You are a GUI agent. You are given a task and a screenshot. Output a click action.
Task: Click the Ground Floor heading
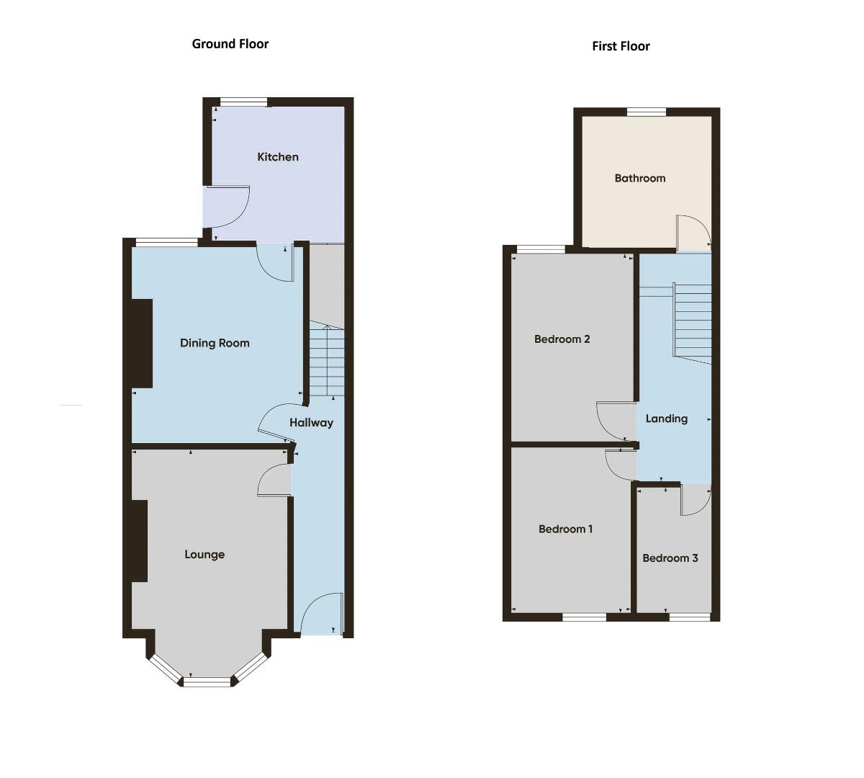pyautogui.click(x=230, y=44)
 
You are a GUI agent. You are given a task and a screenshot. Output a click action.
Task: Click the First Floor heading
pyautogui.click(x=621, y=46)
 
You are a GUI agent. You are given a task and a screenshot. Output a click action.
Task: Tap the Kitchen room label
pyautogui.click(x=278, y=157)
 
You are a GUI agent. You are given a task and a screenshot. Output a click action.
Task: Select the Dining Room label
pyautogui.click(x=215, y=343)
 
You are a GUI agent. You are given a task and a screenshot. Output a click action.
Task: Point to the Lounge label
pyautogui.click(x=204, y=555)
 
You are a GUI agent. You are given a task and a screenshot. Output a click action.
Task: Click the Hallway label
pyautogui.click(x=311, y=423)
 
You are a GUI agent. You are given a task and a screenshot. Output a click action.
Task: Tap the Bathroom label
pyautogui.click(x=639, y=178)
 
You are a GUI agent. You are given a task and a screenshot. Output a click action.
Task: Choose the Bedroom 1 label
pyautogui.click(x=565, y=529)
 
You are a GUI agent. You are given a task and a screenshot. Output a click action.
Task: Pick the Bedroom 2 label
pyautogui.click(x=562, y=339)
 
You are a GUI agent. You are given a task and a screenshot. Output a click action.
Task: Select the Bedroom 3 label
pyautogui.click(x=670, y=558)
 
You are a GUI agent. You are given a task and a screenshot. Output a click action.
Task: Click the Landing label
pyautogui.click(x=666, y=419)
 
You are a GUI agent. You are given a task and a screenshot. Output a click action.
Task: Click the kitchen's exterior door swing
pyautogui.click(x=229, y=206)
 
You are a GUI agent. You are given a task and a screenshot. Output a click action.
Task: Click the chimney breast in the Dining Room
pyautogui.click(x=142, y=344)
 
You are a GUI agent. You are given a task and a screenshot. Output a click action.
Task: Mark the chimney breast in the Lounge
pyautogui.click(x=140, y=540)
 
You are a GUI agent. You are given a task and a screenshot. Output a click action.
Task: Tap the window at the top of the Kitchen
pyautogui.click(x=243, y=102)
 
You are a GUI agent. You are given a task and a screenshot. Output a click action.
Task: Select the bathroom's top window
pyautogui.click(x=646, y=112)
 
